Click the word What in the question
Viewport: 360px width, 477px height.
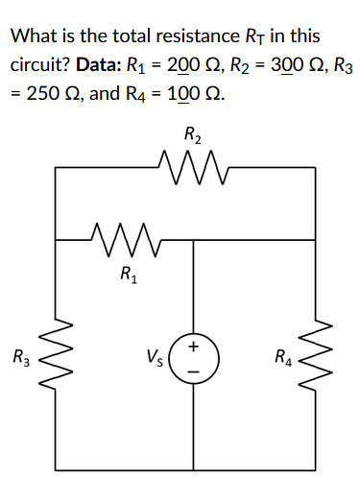(x=31, y=37)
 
